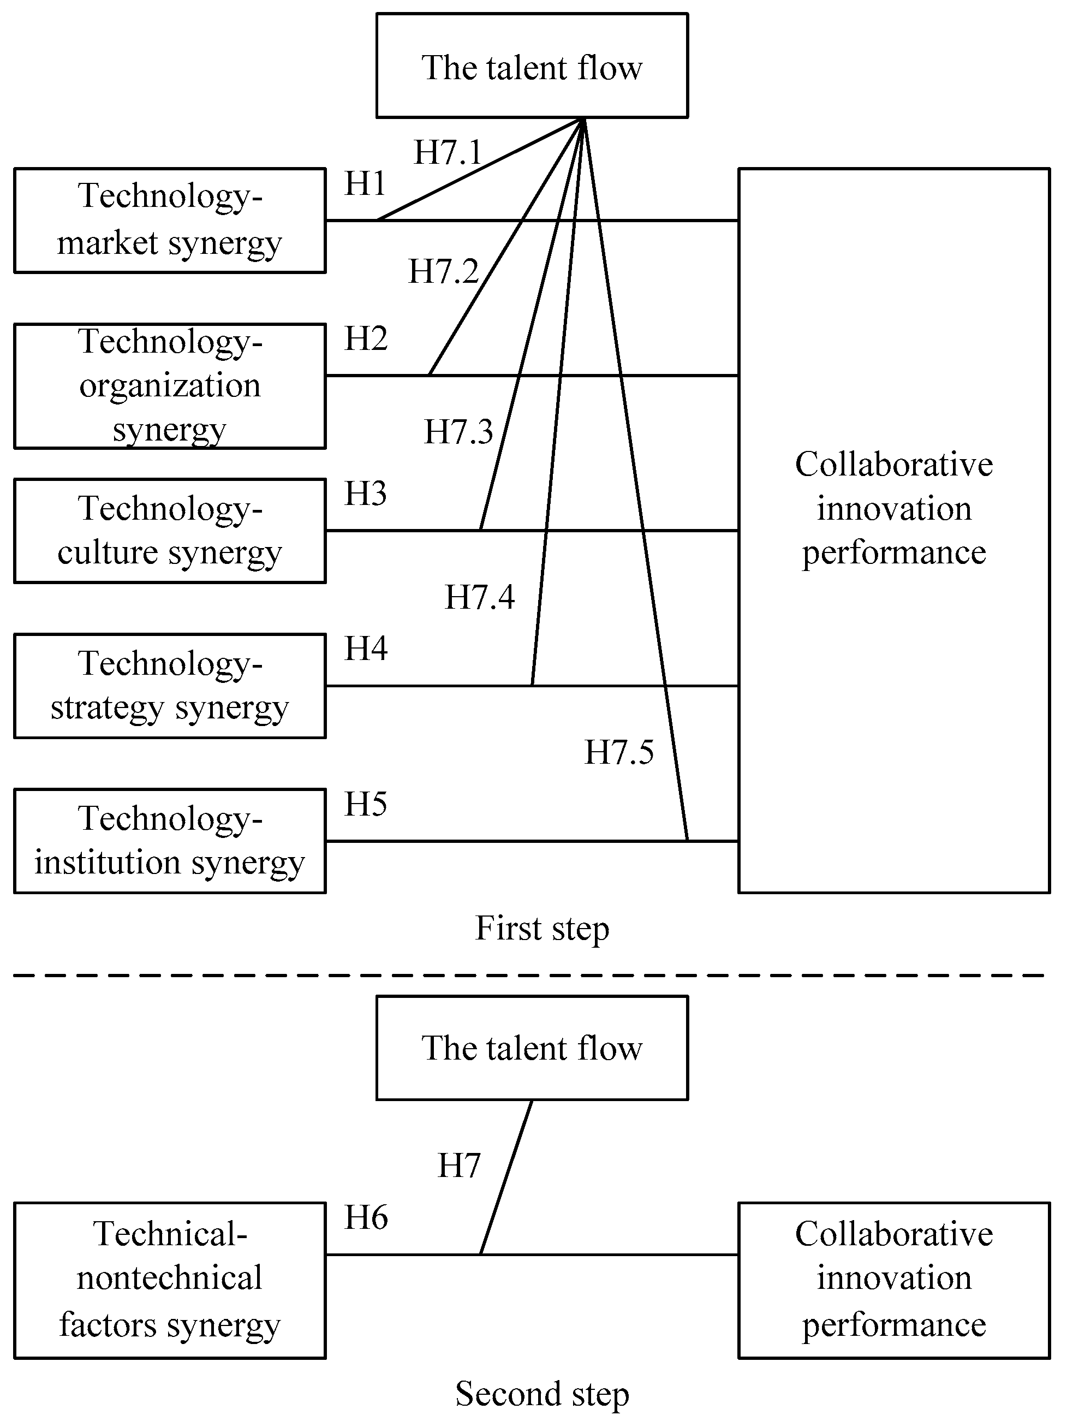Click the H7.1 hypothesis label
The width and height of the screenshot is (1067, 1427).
coord(448,153)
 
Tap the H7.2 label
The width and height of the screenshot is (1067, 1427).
coord(443,272)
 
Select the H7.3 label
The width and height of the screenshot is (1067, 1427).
coord(458,432)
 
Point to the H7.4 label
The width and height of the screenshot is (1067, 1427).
coord(479,597)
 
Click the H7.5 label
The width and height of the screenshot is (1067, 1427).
coord(619,752)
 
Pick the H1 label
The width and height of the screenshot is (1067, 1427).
coord(365,184)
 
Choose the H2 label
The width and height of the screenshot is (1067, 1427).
coord(366,338)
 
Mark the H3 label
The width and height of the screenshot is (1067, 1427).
coord(365,493)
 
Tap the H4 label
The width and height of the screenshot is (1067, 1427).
coord(366,649)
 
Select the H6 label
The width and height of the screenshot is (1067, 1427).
coord(366,1217)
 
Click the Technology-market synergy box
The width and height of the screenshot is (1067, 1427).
coord(170,221)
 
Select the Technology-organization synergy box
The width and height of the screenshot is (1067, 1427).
coord(170,386)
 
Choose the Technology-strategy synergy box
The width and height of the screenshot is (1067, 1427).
coord(170,686)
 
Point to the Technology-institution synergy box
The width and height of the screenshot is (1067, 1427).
coord(170,841)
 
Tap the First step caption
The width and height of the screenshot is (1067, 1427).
coord(542,929)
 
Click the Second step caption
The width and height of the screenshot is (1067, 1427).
coord(542,1394)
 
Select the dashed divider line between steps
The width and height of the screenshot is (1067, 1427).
coord(529,976)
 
